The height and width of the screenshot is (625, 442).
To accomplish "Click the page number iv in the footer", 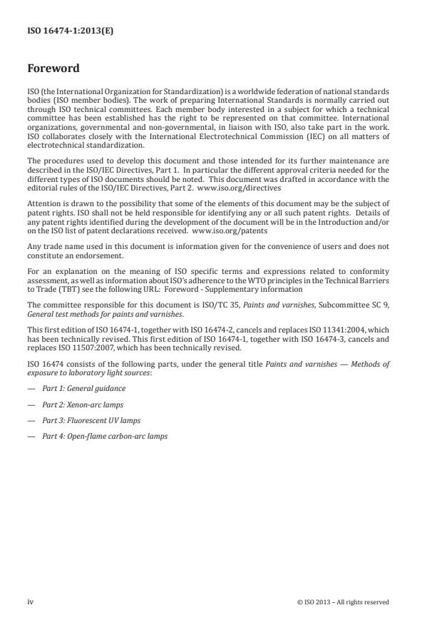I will tap(31, 601).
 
